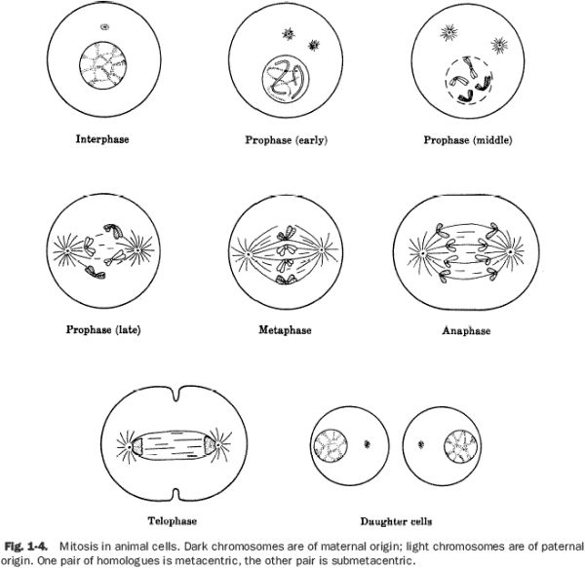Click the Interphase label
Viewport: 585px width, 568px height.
coord(102,139)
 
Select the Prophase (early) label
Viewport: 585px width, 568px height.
coord(286,140)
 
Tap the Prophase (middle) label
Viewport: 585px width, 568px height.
coord(467,140)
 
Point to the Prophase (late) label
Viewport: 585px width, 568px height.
coord(102,329)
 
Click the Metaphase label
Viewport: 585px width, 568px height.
coord(286,330)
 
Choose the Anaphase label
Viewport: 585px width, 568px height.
coord(466,331)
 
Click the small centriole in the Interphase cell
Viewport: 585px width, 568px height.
coord(104,28)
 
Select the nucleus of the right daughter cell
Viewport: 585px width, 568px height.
coord(458,449)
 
